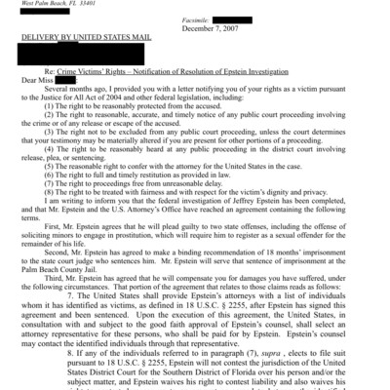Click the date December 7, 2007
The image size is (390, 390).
(x=256, y=27)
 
